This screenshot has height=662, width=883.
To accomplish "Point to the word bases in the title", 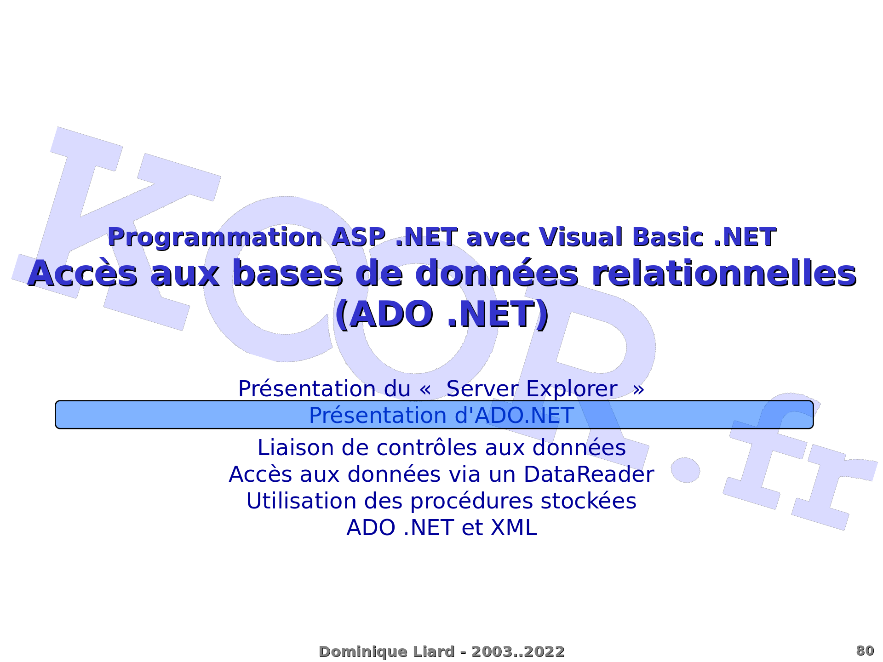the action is coord(288,274).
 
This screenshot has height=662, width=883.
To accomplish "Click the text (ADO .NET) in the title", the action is coord(441,314).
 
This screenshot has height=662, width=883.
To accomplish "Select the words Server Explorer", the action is coord(532,389).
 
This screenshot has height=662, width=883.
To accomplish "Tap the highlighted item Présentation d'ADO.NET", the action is coord(441,415).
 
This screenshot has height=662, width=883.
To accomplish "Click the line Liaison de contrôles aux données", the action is coord(441,448).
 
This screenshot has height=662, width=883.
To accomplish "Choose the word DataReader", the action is coord(589,474).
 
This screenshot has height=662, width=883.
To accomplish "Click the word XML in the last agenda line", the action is coord(514,528).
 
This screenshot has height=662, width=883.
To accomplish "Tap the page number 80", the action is coord(865,651).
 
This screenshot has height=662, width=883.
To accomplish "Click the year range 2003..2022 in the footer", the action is coord(518,652).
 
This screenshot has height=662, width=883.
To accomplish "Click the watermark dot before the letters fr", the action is coord(685,470).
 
